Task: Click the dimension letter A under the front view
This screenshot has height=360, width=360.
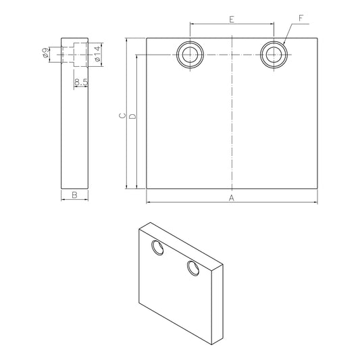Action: pos(231,197)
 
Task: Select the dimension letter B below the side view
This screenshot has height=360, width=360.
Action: pos(75,195)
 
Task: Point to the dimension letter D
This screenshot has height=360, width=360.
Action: pos(132,116)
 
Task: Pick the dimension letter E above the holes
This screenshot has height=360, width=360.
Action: pos(232,20)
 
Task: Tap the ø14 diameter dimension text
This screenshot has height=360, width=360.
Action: pos(97,54)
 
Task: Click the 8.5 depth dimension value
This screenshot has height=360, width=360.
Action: pos(82,82)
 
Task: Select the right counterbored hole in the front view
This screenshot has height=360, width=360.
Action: pos(274,54)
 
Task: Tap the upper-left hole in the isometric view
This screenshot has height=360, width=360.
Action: pos(158,249)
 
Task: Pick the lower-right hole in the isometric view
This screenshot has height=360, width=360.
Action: pos(192,269)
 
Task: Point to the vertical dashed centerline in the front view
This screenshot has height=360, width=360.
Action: pos(232,122)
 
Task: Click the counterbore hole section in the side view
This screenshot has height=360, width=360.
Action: pos(76,53)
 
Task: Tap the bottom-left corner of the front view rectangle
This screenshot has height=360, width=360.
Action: pos(147,188)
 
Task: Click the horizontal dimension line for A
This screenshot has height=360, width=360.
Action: pos(203,201)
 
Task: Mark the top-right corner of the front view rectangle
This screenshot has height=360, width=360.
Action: pos(317,38)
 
